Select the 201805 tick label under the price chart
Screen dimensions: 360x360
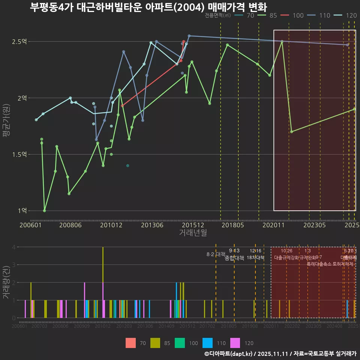(x=233, y=225)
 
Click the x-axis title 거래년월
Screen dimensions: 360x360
(x=193, y=233)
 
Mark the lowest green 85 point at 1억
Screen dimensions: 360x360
(x=45, y=211)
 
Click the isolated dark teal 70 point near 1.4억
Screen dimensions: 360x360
(x=127, y=165)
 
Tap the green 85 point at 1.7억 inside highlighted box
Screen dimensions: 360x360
(x=292, y=132)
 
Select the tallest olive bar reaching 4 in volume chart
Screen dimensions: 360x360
(x=103, y=262)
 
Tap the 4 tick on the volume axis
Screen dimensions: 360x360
(x=14, y=247)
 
